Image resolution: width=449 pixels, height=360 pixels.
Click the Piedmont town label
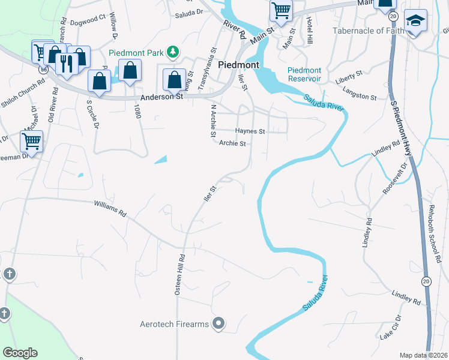click(238, 65)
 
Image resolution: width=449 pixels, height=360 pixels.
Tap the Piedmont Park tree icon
click(173, 52)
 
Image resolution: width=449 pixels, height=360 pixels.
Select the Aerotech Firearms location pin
click(218, 324)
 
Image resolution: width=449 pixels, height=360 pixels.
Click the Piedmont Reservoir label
click(304, 74)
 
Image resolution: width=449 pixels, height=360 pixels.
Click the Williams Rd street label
click(111, 209)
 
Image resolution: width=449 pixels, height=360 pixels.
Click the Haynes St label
click(250, 131)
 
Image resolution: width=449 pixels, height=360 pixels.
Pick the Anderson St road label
click(161, 96)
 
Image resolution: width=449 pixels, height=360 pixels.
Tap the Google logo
click(20, 353)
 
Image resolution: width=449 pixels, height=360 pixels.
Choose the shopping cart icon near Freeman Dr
click(31, 142)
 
